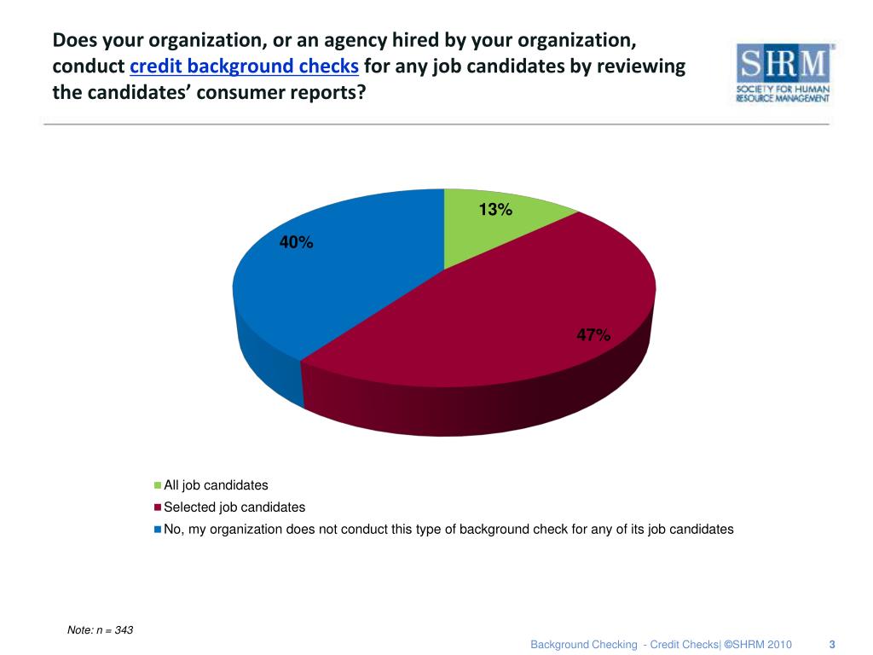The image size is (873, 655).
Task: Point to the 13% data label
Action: coord(495,210)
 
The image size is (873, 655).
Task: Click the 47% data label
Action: coord(593,335)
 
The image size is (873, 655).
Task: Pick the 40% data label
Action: coord(297,243)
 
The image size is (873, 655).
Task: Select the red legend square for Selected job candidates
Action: coord(158,507)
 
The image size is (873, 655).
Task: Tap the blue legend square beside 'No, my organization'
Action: coord(158,529)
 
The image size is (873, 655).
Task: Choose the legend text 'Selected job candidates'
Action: coord(234,507)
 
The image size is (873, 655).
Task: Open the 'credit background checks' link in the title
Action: coord(244,67)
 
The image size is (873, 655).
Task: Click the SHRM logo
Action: coord(784,73)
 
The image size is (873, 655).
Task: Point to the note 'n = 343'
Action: coord(101,630)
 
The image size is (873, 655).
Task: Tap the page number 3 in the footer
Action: coord(831,644)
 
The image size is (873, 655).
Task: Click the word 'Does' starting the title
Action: coord(74,40)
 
